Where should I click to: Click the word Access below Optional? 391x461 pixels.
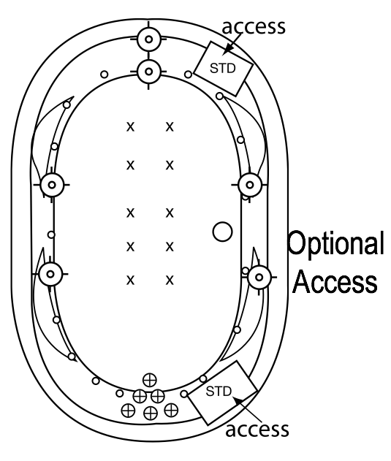pos(335,281)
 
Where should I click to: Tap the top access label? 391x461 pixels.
pos(254,27)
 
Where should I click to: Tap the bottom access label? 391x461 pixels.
pos(257,430)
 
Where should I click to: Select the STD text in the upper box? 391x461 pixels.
pos(223,68)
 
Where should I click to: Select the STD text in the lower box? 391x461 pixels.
pos(219,392)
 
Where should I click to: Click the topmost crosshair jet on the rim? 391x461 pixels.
pos(149,39)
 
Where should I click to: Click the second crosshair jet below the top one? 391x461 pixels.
pos(149,72)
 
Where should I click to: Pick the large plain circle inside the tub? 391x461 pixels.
pos(222,232)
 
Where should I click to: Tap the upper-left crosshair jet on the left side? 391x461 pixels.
pos(52,185)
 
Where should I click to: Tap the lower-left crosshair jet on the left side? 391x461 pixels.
pos(50,274)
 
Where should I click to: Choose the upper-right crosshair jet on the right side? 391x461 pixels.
pos(250,185)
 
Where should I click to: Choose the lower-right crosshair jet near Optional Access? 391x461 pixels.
pos(259,277)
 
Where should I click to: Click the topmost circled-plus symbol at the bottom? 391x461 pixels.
pos(150,380)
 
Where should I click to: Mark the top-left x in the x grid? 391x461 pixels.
pos(130,127)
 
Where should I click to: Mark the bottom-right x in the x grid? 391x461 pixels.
pos(170,281)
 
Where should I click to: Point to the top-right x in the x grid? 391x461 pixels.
pos(170,127)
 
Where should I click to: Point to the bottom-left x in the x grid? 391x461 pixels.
pos(130,281)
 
